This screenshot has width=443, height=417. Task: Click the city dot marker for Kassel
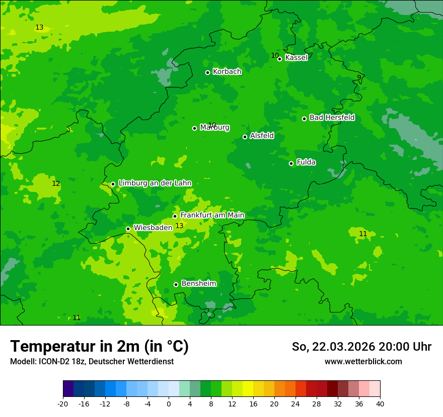(279, 59)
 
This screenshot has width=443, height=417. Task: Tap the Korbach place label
(227, 72)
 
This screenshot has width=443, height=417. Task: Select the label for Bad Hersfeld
(332, 118)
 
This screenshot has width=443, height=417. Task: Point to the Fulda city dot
(291, 163)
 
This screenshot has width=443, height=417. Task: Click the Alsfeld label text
(262, 136)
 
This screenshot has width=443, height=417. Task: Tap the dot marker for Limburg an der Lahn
(113, 184)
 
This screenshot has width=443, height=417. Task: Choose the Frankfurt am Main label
(212, 215)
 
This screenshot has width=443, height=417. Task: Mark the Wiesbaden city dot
(128, 229)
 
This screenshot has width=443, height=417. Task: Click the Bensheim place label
(198, 283)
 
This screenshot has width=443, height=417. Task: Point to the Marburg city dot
(194, 128)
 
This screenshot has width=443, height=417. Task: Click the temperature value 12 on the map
(56, 184)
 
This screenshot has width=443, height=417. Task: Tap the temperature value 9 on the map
(359, 77)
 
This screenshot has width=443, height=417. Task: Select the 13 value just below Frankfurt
(179, 226)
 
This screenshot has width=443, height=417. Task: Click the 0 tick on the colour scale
(169, 404)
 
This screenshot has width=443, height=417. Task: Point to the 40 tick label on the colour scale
(380, 404)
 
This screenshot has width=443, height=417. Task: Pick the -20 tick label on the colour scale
(63, 404)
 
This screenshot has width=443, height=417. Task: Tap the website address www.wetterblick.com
(363, 362)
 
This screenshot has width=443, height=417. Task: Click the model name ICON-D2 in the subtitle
(54, 362)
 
